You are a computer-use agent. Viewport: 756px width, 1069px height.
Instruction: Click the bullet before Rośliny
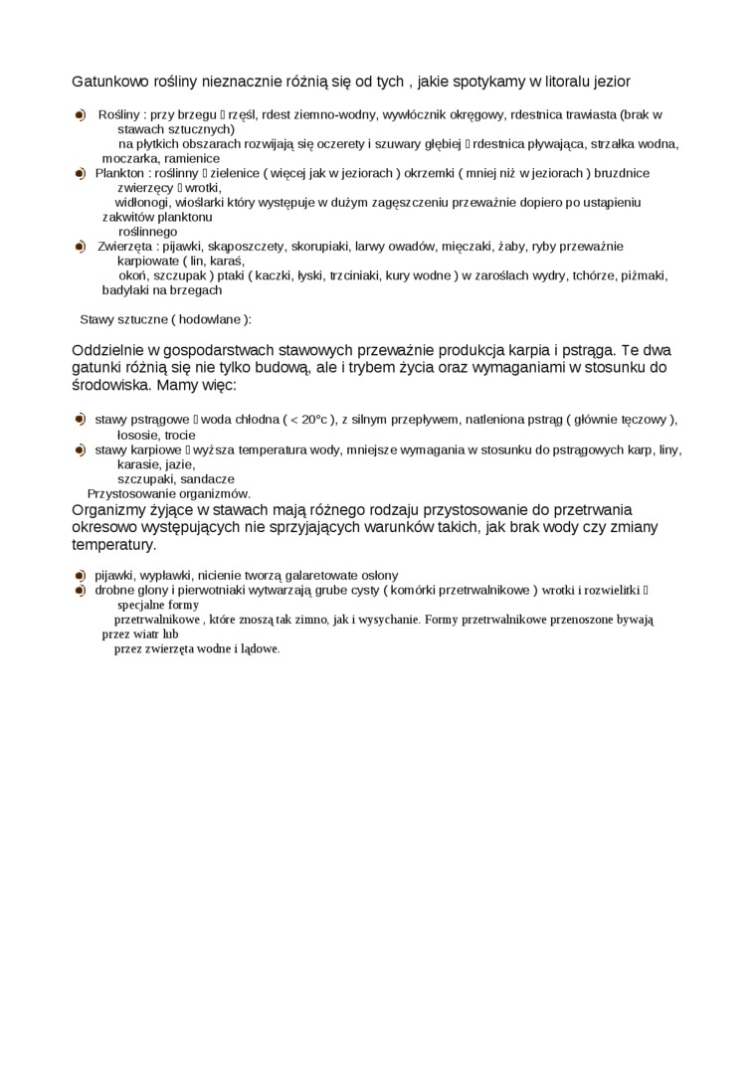click(x=80, y=115)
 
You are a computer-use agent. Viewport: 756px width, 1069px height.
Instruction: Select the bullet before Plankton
click(x=80, y=173)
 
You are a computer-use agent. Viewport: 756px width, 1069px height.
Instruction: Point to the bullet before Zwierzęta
click(x=80, y=246)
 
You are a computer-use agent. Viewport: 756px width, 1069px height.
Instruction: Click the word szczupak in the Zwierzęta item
click(x=182, y=275)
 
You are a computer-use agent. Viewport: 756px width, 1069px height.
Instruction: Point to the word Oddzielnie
click(x=109, y=350)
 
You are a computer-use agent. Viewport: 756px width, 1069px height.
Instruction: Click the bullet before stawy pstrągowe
click(x=80, y=420)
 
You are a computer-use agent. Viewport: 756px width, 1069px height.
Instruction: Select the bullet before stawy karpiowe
click(x=80, y=449)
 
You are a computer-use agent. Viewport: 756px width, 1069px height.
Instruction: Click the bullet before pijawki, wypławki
click(x=80, y=575)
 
